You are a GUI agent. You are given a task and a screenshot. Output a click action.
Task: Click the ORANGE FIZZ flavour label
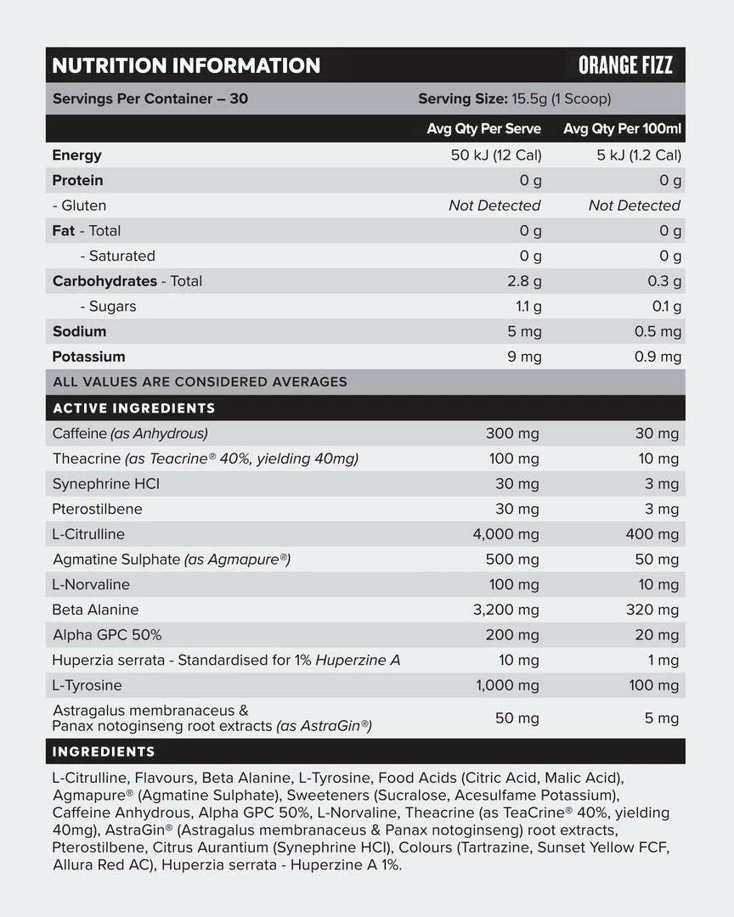tap(625, 65)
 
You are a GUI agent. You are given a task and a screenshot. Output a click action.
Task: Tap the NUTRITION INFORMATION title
tap(186, 65)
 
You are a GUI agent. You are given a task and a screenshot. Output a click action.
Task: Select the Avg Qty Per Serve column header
tap(483, 129)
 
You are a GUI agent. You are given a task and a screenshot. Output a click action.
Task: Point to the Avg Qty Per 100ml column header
tap(623, 129)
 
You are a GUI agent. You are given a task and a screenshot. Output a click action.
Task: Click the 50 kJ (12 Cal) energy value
tap(496, 155)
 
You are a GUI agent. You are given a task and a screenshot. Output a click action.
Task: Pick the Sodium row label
tap(79, 331)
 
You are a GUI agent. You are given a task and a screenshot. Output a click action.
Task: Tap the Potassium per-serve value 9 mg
tap(524, 357)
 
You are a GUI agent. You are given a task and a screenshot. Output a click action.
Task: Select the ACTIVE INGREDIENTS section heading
tap(133, 408)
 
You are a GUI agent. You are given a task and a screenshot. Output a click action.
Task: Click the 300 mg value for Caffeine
tap(512, 434)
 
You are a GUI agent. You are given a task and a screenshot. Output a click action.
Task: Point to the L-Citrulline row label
tap(88, 534)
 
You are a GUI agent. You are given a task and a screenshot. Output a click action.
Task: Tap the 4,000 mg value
tap(505, 534)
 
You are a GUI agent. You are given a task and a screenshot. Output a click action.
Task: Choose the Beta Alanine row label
tap(95, 610)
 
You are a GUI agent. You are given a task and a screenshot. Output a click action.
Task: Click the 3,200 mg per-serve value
tap(505, 610)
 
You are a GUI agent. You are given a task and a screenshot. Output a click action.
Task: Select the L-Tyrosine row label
tap(87, 685)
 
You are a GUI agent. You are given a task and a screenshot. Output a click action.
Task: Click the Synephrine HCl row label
tap(106, 484)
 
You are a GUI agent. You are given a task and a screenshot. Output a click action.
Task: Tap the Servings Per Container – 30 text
tap(150, 98)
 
